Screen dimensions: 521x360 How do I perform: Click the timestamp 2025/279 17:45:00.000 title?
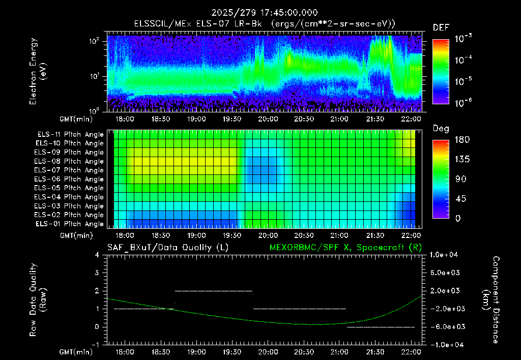click(265, 13)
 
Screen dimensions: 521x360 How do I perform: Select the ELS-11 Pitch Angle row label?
click(70, 135)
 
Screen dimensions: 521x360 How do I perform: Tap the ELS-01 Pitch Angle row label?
click(70, 224)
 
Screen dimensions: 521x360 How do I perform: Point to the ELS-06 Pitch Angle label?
click(69, 179)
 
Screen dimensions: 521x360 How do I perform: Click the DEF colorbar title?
click(441, 27)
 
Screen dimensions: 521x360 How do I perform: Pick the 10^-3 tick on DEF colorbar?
click(464, 39)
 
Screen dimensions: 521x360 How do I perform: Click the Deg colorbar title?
click(441, 129)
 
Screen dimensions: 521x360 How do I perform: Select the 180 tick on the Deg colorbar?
click(462, 139)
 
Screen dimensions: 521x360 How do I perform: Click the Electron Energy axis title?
click(38, 71)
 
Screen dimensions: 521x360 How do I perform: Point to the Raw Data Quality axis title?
click(38, 299)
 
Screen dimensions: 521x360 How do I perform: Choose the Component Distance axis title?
click(491, 300)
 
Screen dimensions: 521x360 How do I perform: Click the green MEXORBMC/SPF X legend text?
click(345, 248)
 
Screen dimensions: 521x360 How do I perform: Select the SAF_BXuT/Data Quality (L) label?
click(168, 248)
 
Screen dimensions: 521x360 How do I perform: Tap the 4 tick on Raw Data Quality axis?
click(97, 255)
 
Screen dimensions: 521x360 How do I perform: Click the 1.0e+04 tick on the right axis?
click(444, 255)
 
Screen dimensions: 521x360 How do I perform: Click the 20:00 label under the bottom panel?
click(268, 352)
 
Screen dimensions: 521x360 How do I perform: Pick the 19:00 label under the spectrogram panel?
click(196, 119)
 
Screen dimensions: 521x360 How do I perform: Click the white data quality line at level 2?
click(214, 291)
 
